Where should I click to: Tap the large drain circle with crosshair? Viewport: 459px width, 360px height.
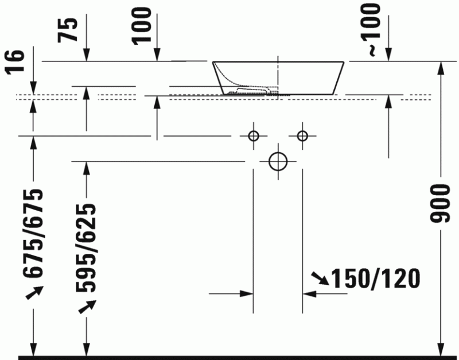tap(278, 161)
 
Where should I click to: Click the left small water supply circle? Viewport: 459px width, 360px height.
tap(253, 136)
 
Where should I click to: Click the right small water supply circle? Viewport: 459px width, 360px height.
tap(303, 136)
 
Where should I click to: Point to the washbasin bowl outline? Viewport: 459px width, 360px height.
tap(279, 76)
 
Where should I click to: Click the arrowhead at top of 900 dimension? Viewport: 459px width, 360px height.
tap(441, 67)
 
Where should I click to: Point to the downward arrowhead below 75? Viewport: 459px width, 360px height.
tap(87, 55)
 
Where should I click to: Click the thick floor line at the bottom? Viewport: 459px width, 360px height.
tap(229, 357)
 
